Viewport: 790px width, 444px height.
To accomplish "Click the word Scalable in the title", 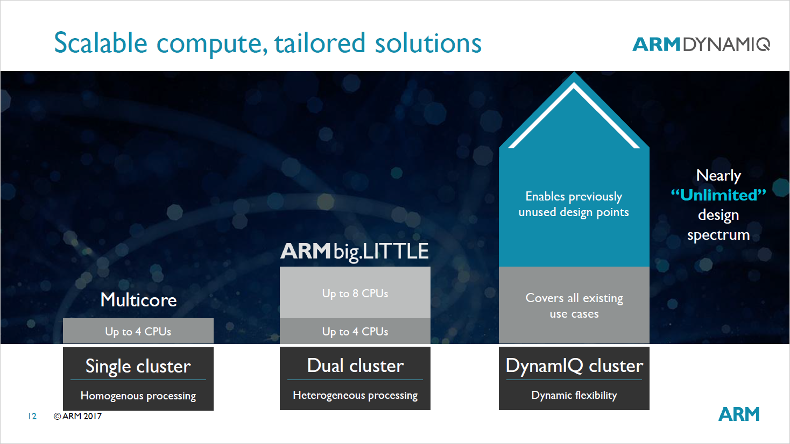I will (x=101, y=43).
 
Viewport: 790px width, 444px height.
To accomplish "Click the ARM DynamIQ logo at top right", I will (x=701, y=44).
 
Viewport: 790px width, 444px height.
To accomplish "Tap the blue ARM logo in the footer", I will (x=739, y=414).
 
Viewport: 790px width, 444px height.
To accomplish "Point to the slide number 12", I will (x=32, y=416).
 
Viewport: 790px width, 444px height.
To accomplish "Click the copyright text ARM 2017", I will (x=78, y=416).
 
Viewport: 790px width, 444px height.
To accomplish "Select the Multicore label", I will (x=138, y=300).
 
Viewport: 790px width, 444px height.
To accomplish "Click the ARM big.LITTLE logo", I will (x=355, y=252).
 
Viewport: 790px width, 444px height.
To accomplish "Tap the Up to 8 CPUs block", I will (x=355, y=293).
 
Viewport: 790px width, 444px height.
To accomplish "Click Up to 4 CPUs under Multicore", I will (x=138, y=332).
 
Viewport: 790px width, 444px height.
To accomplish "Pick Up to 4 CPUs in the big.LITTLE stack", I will (x=355, y=332).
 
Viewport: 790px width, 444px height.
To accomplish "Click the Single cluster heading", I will (x=138, y=366).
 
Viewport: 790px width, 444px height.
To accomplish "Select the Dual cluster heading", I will (x=355, y=366).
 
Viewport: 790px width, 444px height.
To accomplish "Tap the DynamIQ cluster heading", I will (x=574, y=366).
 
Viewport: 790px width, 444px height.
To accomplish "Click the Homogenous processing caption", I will (x=138, y=396).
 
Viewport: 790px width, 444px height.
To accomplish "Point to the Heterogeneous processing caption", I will (x=355, y=396).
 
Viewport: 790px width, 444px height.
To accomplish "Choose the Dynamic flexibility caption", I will (x=574, y=396).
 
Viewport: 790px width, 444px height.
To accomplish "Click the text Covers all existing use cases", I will (x=574, y=305).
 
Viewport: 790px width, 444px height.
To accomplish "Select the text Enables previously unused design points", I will (x=574, y=204).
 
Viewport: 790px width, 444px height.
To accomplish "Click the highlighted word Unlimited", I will (x=718, y=195).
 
